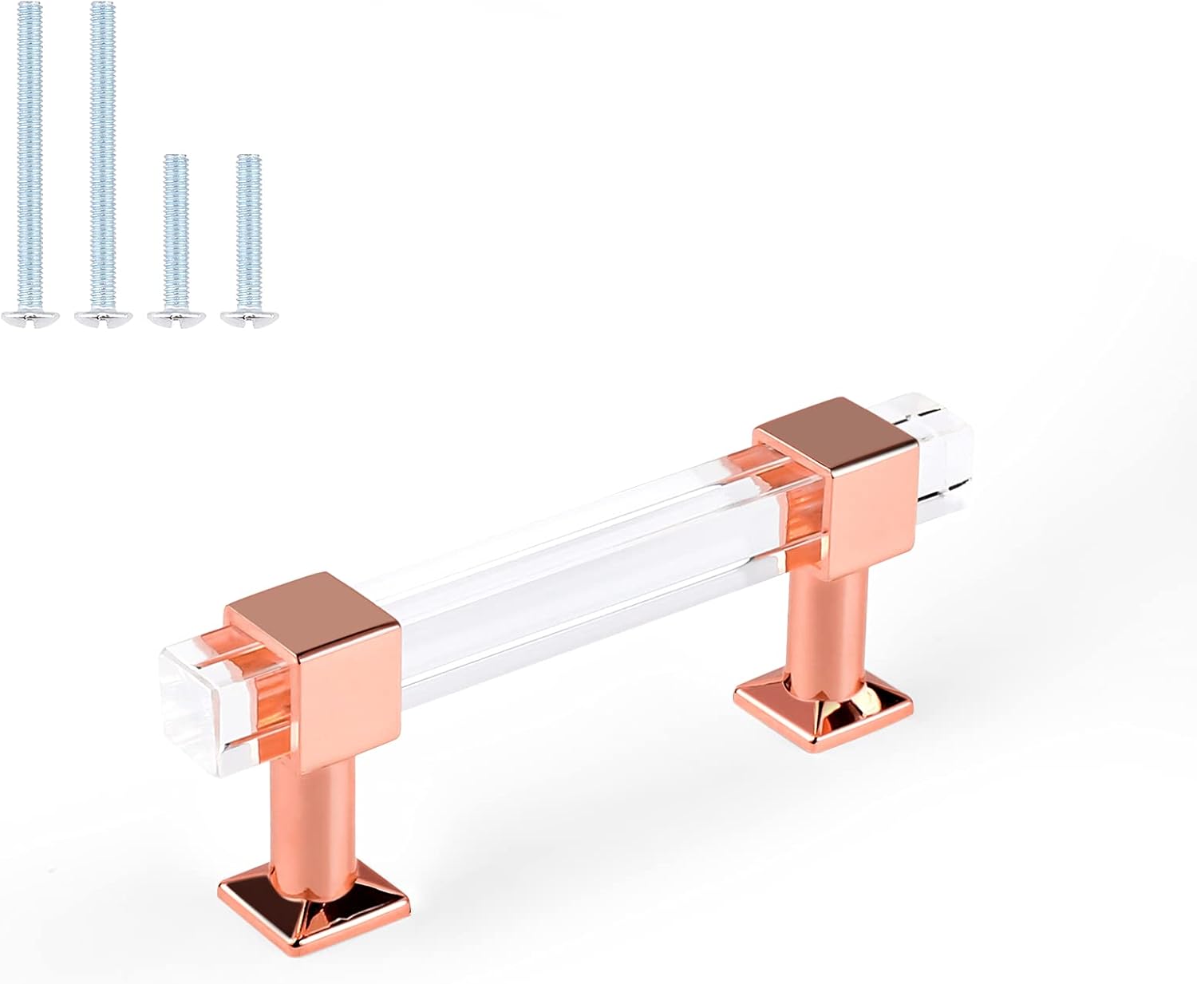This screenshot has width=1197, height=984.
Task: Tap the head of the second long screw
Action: [x=102, y=318]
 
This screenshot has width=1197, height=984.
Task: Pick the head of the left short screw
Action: [x=176, y=318]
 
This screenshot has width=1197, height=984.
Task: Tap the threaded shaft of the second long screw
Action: [x=102, y=160]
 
